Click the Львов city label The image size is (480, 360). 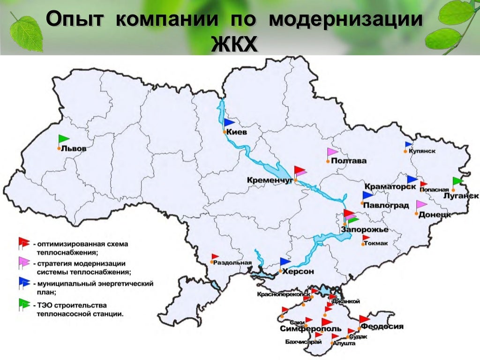75,149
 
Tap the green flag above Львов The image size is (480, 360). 64,139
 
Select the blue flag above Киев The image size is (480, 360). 229,123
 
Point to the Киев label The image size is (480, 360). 236,133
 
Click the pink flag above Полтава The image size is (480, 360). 332,152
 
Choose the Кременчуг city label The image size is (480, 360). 268,180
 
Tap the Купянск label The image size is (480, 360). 422,151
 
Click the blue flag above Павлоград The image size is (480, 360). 367,195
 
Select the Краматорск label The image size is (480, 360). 390,187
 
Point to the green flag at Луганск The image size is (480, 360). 457,181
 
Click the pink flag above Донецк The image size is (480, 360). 421,205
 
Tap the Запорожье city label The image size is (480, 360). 365,230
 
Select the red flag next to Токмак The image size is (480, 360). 366,238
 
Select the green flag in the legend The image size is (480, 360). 23,304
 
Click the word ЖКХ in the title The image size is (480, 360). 234,45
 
